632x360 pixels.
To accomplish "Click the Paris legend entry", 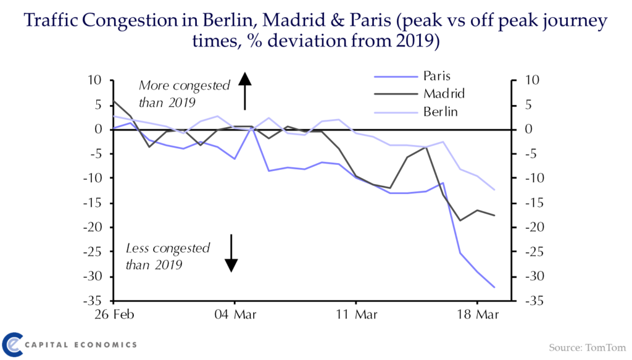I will [436, 77].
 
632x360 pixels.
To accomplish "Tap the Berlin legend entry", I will [441, 112].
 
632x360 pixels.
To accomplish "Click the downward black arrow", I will [231, 253].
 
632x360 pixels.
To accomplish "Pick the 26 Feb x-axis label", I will [114, 315].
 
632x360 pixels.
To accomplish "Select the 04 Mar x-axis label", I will [235, 315].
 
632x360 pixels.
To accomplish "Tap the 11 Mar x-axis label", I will [357, 315].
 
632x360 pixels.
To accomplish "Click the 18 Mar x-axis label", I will [478, 315].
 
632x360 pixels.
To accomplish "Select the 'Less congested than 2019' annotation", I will [168, 257].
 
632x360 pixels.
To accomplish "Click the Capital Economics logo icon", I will [13, 344].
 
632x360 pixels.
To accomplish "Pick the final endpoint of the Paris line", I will [494, 287].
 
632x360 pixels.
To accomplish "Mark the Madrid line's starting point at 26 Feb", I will [114, 101].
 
